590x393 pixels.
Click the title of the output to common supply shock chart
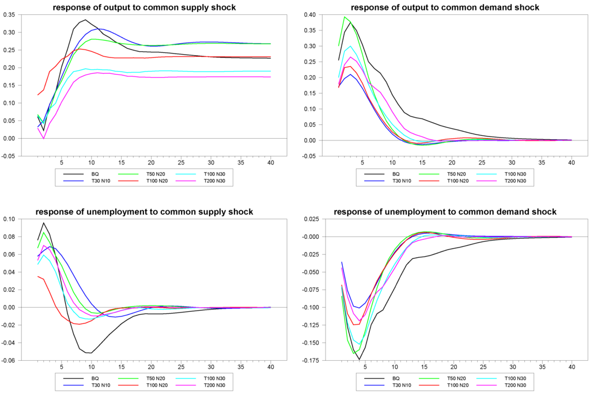pos(143,7)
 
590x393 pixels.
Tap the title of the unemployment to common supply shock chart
pos(143,212)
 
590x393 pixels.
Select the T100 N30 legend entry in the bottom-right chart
pos(514,377)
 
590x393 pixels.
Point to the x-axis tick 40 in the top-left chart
pos(271,163)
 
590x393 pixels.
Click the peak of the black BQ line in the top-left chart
pos(85,20)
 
